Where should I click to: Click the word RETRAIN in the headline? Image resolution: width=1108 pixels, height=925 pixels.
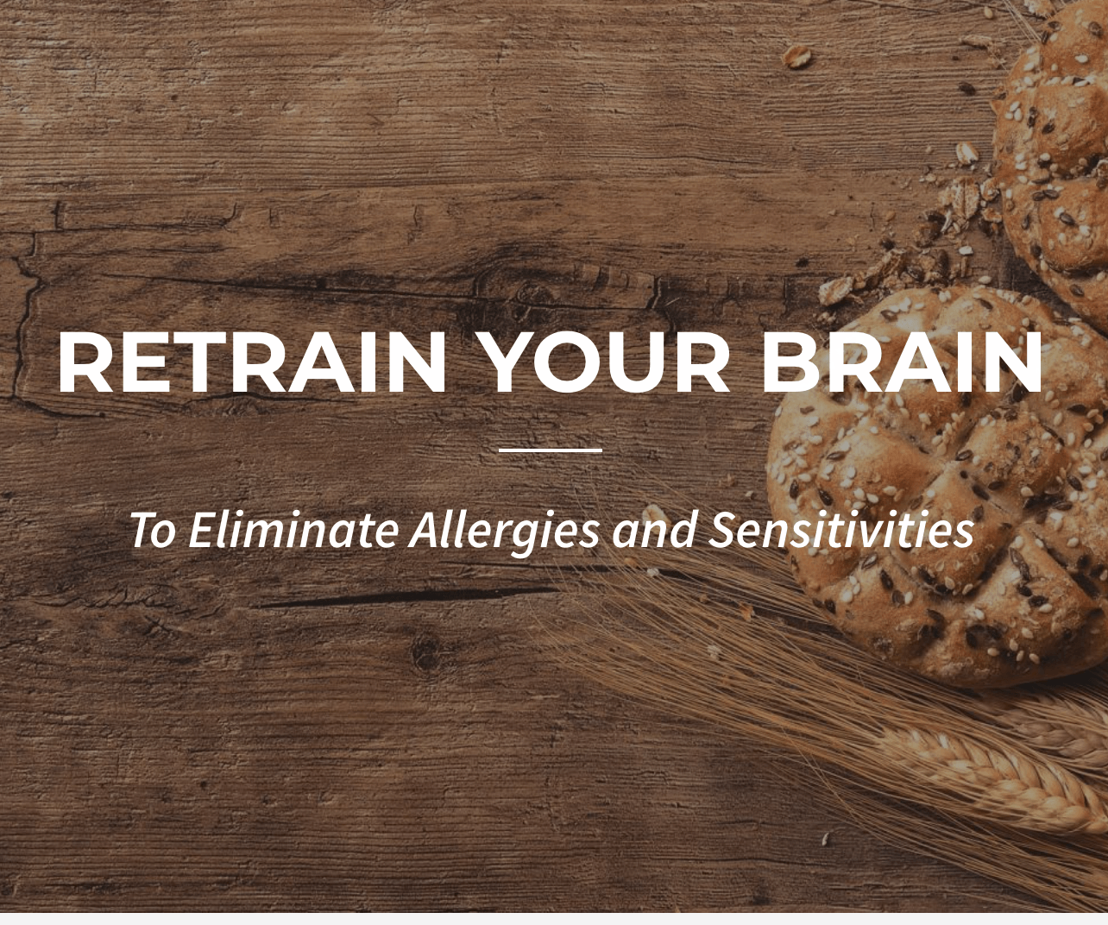(x=252, y=362)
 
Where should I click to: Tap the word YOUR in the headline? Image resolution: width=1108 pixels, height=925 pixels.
(x=604, y=362)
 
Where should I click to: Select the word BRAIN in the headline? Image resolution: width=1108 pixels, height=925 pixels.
(x=901, y=362)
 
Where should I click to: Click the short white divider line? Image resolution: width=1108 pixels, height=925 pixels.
(x=551, y=450)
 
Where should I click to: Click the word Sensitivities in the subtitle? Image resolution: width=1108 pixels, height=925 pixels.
(x=841, y=529)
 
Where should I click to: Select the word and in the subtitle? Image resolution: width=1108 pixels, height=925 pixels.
(x=653, y=529)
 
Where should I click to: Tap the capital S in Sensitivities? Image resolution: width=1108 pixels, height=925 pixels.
(x=723, y=529)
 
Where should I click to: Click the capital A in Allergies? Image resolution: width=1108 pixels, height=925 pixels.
(x=424, y=529)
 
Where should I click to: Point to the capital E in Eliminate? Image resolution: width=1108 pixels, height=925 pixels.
(x=199, y=529)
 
